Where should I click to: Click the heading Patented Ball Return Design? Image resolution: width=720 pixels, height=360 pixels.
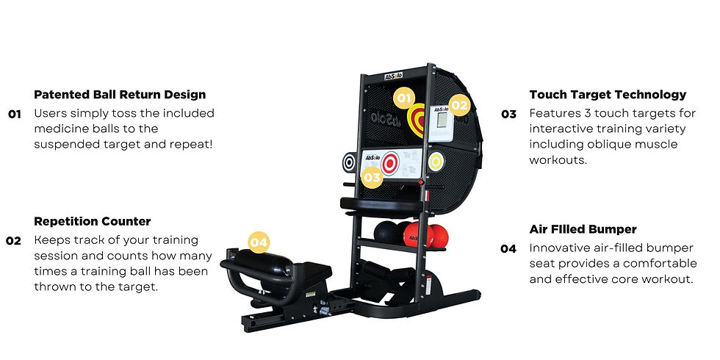(x=120, y=95)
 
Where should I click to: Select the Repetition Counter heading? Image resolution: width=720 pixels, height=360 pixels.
(x=93, y=221)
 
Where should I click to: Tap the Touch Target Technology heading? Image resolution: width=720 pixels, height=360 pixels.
(x=608, y=95)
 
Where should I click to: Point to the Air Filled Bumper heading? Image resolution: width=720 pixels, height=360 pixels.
(x=583, y=229)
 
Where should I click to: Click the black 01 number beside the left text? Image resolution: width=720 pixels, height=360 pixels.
(x=15, y=115)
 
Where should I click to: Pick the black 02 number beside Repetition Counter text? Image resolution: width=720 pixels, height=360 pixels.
(x=13, y=241)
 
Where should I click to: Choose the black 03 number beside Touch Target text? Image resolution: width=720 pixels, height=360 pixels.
(x=508, y=114)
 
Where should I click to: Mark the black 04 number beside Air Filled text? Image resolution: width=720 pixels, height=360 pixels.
(x=508, y=249)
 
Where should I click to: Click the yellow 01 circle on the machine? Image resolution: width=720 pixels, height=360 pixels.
(x=404, y=98)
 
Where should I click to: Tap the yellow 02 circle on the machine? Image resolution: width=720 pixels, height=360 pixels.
(x=459, y=106)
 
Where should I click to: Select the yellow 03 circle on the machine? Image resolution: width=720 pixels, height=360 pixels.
(x=372, y=177)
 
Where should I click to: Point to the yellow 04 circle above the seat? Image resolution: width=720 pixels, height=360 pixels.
(x=259, y=242)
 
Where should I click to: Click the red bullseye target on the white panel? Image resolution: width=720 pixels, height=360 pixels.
(x=390, y=163)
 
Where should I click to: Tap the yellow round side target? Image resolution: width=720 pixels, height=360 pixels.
(x=436, y=161)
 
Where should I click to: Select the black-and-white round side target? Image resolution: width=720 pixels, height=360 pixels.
(x=349, y=162)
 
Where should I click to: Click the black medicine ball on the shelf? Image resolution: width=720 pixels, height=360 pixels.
(x=386, y=232)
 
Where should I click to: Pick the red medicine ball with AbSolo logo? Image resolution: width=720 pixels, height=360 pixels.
(x=417, y=234)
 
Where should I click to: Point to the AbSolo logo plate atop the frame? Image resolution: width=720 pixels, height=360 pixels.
(x=394, y=76)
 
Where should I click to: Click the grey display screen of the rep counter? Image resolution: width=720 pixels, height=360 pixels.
(x=442, y=119)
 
